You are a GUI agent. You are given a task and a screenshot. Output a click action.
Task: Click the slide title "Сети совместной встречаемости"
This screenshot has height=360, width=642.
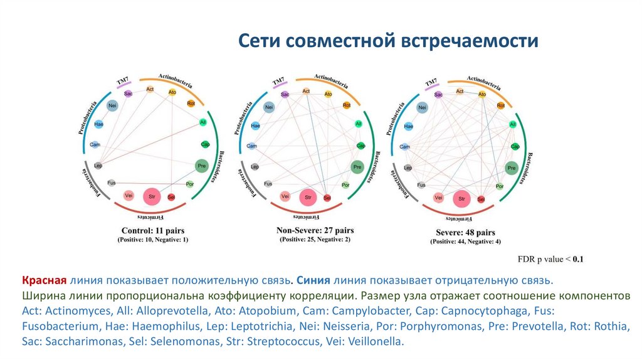click(389, 41)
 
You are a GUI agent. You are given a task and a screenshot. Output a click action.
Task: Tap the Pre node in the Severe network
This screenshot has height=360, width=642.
click(511, 168)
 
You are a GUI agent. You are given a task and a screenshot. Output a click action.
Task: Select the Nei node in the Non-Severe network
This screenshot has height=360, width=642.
click(269, 108)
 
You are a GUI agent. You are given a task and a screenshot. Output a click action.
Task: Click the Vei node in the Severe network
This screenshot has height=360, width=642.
click(439, 198)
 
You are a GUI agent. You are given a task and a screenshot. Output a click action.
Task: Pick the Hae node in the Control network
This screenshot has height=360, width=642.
click(98, 124)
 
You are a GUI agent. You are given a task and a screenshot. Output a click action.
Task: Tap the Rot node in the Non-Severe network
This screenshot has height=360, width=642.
click(347, 105)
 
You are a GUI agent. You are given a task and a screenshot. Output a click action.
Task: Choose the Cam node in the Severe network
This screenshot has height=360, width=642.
click(405, 147)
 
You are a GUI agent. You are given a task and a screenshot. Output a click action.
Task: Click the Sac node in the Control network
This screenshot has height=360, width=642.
click(128, 94)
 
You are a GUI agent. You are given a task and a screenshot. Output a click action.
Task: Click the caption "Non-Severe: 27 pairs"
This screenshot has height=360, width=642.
click(315, 230)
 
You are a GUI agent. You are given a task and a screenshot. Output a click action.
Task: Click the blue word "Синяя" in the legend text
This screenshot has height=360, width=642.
click(313, 280)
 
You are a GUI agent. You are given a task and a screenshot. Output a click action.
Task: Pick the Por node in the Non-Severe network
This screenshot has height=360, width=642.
click(345, 185)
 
